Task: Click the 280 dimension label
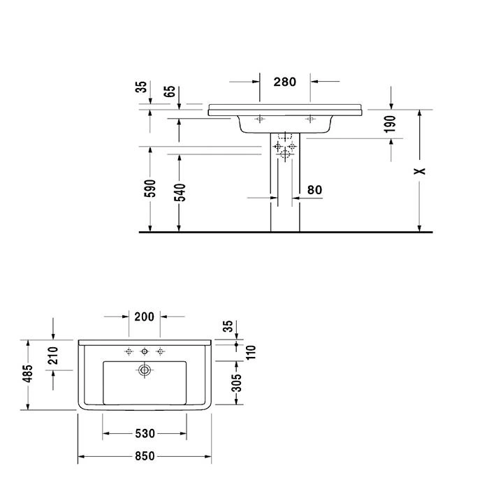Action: [x=285, y=82]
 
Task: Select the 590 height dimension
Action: [x=150, y=189]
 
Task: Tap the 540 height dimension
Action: [x=180, y=192]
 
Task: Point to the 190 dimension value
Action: [x=390, y=124]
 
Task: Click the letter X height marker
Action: [x=420, y=171]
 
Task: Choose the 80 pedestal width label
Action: [x=314, y=189]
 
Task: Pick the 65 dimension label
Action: [x=170, y=92]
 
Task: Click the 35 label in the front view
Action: [x=141, y=87]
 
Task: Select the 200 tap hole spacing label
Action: [x=144, y=316]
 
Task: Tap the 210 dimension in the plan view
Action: [x=53, y=356]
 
